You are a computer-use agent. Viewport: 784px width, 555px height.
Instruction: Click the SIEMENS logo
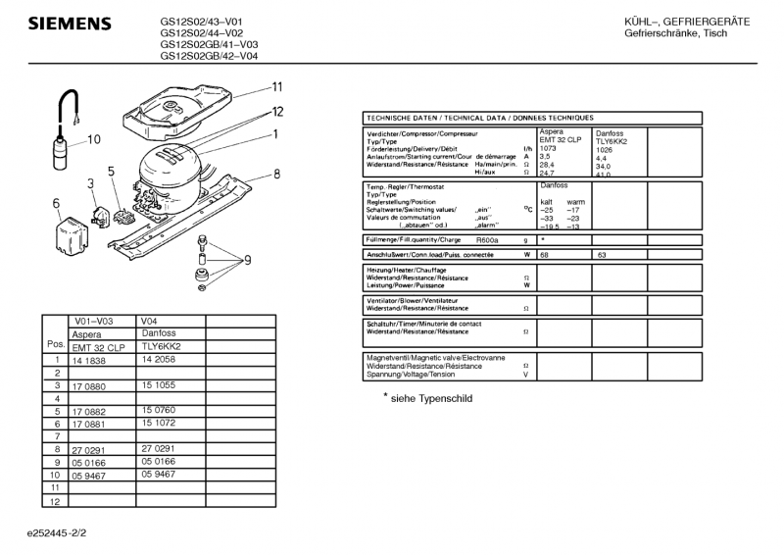[68, 23]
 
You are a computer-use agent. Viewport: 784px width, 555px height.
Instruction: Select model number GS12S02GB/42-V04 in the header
[209, 56]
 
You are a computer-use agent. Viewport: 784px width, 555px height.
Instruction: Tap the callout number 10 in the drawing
[93, 139]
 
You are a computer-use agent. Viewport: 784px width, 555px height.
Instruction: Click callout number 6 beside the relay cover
[57, 204]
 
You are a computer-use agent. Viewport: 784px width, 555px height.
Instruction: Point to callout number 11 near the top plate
[277, 86]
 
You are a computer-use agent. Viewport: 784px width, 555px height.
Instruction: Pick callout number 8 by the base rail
[277, 174]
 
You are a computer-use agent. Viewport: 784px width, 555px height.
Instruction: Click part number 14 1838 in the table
[87, 360]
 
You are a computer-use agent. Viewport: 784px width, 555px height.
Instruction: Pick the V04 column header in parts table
[149, 321]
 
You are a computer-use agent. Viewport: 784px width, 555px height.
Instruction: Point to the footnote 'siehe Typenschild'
[428, 399]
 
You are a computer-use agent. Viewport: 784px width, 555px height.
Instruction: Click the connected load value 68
[544, 254]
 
